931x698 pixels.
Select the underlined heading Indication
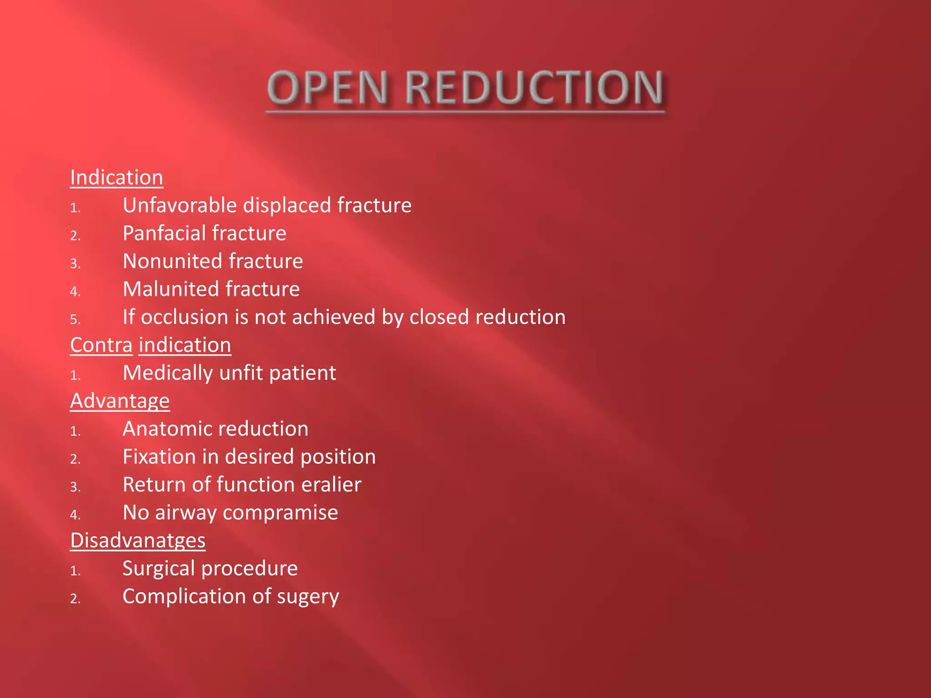[116, 177]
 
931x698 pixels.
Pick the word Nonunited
[172, 261]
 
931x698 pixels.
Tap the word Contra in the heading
[101, 345]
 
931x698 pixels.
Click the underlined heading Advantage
[120, 401]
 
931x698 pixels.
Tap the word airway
[186, 513]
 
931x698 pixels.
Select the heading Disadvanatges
[138, 540]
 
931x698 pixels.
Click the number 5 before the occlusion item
[75, 320]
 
